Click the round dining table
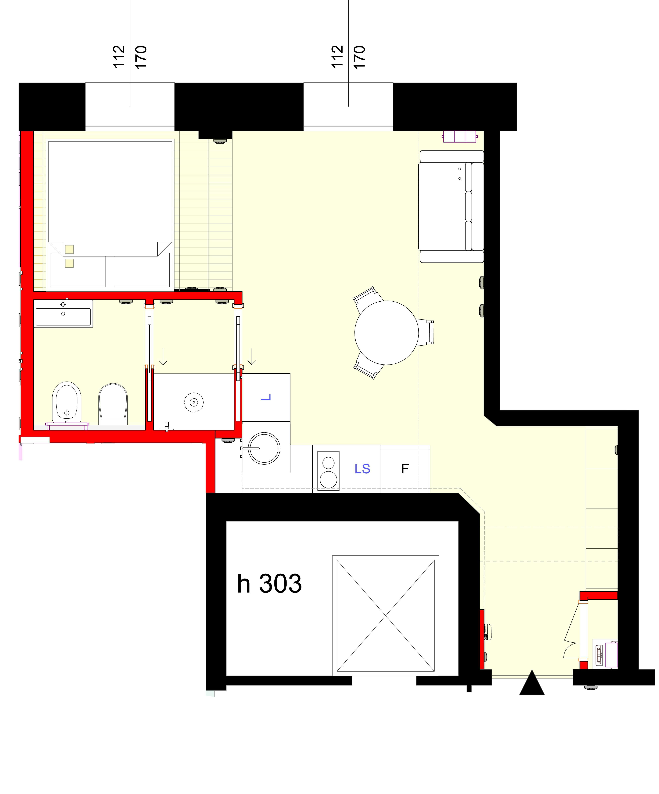click(386, 333)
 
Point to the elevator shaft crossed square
click(385, 616)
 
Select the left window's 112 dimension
click(119, 57)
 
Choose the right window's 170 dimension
click(359, 57)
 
